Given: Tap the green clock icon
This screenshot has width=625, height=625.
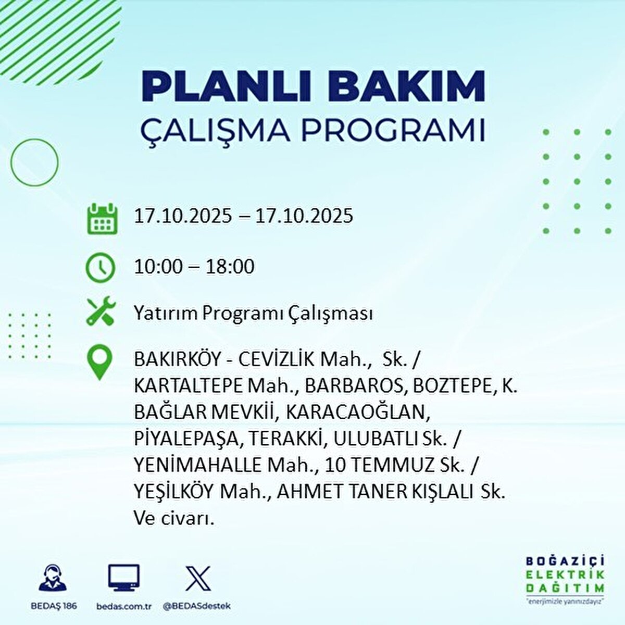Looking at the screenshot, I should [99, 267].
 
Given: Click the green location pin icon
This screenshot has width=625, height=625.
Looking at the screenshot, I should [99, 362].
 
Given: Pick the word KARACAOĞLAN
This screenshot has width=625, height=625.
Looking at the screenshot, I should [358, 413].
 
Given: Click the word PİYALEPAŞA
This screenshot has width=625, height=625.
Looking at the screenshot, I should [188, 439].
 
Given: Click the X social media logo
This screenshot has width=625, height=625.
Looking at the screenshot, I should [198, 578].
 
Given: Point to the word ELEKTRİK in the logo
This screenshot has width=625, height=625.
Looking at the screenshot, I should [565, 575].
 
